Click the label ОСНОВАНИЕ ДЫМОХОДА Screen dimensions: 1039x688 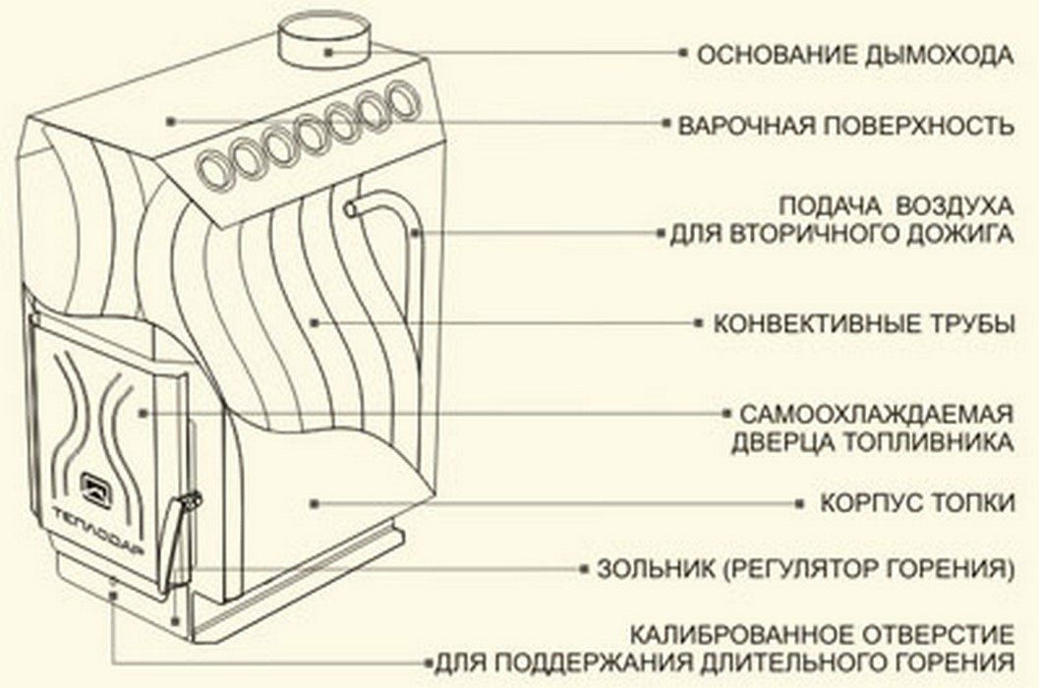(855, 54)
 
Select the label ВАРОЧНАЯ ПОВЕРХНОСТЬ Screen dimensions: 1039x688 (846, 125)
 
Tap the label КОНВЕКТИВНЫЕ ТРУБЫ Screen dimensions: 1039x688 (864, 324)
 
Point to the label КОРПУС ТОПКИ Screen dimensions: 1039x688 (917, 502)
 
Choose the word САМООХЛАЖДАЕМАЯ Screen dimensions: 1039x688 (877, 415)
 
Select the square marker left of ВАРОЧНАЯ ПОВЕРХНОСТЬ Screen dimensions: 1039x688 (666, 124)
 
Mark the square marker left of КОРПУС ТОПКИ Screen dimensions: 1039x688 (802, 504)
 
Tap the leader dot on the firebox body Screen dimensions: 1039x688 (315, 504)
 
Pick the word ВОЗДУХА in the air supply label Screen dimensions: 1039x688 (954, 206)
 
